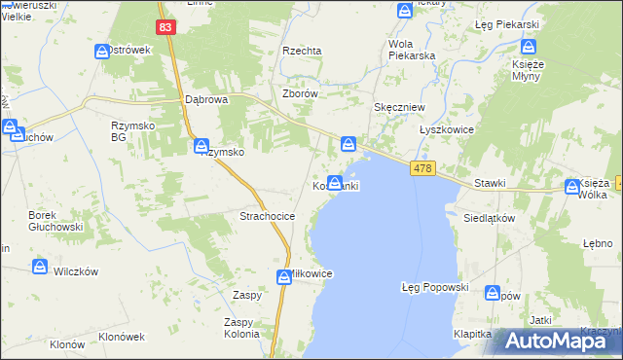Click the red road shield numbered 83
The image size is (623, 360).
pos(165,28)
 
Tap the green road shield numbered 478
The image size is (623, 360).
pos(421,169)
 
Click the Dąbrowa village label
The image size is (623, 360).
pos(205,99)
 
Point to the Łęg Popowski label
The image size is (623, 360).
pos(435,288)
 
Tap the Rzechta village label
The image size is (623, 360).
pos(302,51)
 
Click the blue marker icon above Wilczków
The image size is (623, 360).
pos(40,266)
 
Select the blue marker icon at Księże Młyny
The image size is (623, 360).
pos(529,46)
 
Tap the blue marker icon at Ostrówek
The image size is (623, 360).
pos(102,52)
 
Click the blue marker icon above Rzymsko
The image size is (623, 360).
pos(202,146)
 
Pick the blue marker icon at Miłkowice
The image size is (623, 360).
pos(284,276)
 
